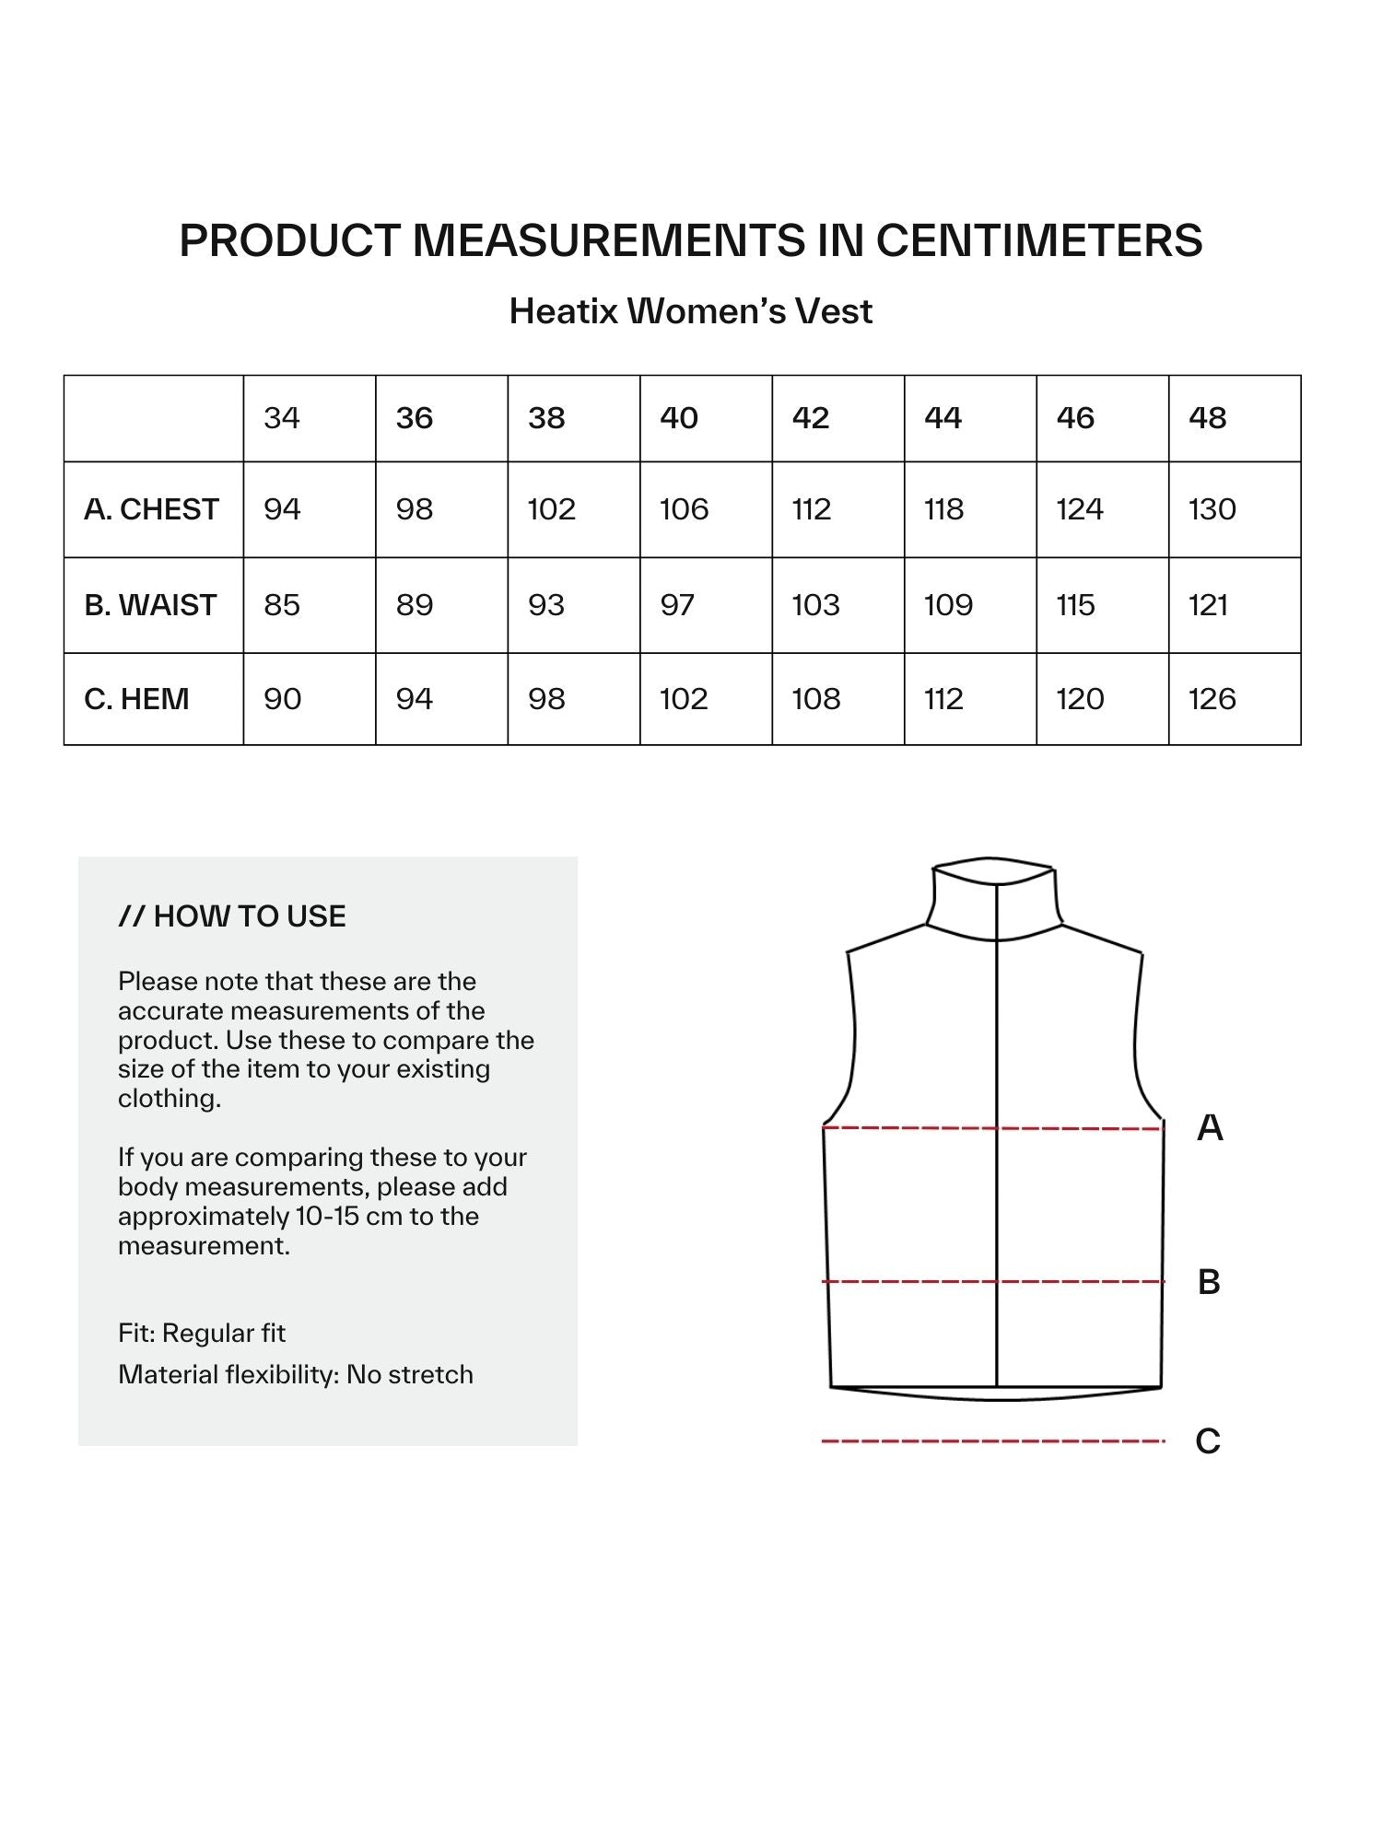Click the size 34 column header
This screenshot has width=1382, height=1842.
(282, 418)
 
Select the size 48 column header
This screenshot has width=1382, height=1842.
(1207, 418)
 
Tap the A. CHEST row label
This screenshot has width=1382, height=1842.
(151, 509)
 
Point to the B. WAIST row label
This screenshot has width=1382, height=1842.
(150, 605)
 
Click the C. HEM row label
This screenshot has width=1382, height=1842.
(136, 699)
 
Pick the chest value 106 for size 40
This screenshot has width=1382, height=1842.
(684, 509)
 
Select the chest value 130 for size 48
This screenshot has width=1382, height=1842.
(1212, 509)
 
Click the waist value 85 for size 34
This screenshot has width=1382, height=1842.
(282, 605)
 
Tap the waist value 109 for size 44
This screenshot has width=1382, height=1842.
(948, 605)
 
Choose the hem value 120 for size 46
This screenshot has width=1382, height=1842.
(1080, 699)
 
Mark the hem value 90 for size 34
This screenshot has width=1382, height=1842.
(282, 699)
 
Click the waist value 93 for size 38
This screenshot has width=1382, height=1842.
(546, 605)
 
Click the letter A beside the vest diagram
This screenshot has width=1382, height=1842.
(1210, 1127)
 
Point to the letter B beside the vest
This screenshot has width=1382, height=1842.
(1209, 1281)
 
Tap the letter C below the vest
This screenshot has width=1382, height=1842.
(1208, 1440)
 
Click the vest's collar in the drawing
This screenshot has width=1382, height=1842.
(994, 898)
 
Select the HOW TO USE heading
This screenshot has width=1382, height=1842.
(232, 916)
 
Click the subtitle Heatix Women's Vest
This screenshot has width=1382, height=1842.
(690, 311)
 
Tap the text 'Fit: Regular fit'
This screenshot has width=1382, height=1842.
(202, 1333)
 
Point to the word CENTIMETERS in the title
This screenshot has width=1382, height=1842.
(1038, 240)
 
